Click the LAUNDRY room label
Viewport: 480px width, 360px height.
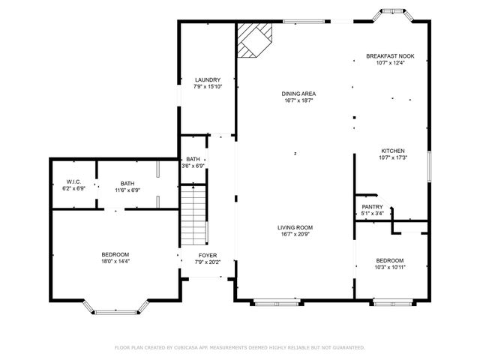207,79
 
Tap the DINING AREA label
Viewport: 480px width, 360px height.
298,94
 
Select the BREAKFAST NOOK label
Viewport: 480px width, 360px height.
390,56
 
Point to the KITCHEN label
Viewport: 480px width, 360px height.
393,151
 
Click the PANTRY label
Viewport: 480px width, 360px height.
372,207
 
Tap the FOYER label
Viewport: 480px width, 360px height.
207,255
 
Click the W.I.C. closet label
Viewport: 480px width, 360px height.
73,182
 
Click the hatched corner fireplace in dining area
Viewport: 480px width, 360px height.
253,38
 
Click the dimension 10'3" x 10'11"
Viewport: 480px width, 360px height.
390,267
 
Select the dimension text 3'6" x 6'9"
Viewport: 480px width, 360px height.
193,166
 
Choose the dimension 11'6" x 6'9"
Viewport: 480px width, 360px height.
127,190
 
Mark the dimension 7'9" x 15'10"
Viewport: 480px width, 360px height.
207,87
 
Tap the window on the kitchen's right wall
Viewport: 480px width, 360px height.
429,166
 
